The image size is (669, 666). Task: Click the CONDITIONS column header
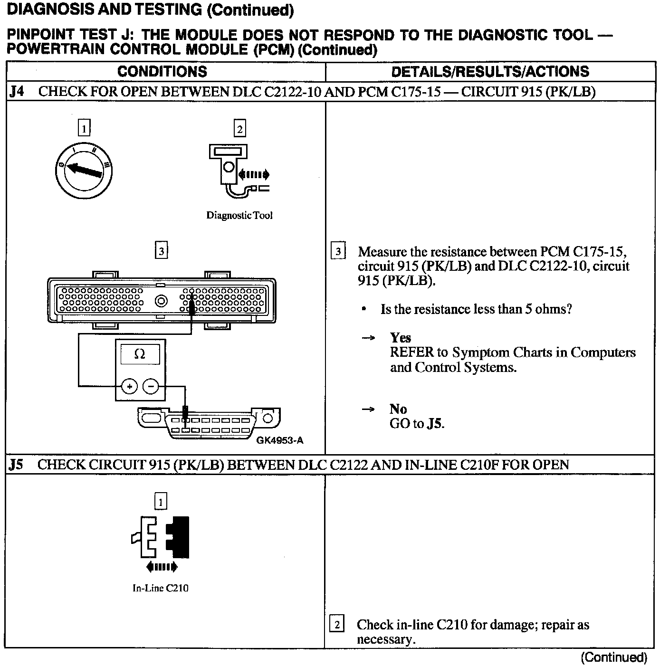pos(162,72)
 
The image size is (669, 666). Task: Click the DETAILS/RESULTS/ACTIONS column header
pos(490,72)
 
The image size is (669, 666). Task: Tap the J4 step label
pos(17,92)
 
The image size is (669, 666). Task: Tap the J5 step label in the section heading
pos(16,465)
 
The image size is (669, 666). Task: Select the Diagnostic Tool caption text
pos(239,216)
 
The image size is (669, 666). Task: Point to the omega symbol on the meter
pos(140,354)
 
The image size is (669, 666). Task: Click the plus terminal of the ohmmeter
pos(129,387)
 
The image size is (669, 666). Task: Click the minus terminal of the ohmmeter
pos(151,387)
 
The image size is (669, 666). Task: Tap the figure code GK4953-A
pos(280,440)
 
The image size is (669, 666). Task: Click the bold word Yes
pos(400,338)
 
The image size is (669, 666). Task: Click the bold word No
pos(398,409)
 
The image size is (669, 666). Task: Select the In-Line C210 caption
pos(161,588)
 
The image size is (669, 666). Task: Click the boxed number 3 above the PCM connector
pos(162,250)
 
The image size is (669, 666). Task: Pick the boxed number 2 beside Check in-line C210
pos(337,624)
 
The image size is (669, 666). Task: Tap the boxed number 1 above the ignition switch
pos(84,128)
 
